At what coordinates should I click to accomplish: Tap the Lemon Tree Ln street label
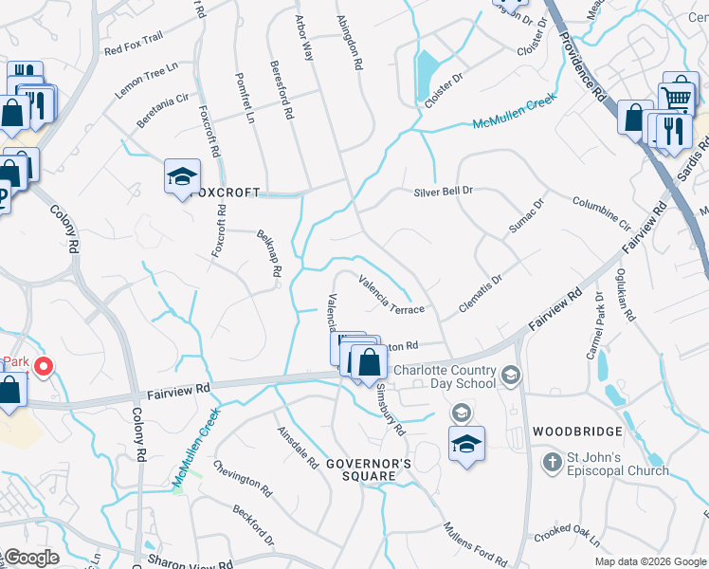147,82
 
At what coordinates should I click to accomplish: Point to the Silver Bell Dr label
443,192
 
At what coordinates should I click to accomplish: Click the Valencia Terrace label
391,295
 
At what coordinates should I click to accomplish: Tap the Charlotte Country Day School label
445,376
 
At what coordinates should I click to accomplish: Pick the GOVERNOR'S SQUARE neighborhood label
368,470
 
